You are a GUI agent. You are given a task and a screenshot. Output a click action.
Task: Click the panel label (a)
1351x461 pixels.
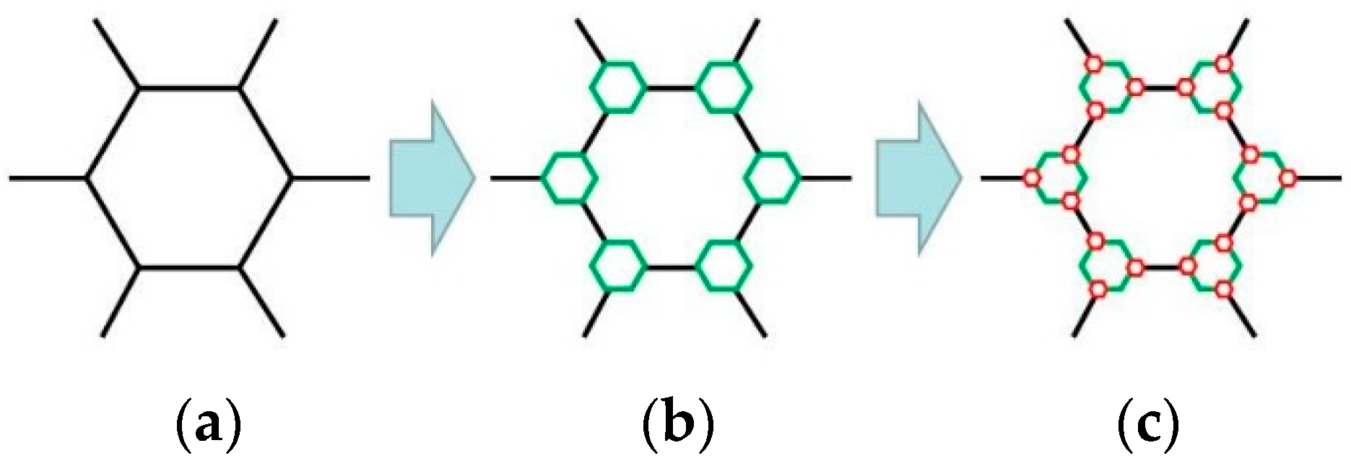pyautogui.click(x=207, y=426)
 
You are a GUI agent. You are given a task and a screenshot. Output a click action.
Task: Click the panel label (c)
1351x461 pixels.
pyautogui.click(x=1148, y=426)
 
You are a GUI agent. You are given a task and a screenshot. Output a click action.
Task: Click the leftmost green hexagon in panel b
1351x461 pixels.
pyautogui.click(x=569, y=177)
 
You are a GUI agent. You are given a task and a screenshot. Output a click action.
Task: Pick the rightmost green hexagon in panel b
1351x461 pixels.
pyautogui.click(x=773, y=177)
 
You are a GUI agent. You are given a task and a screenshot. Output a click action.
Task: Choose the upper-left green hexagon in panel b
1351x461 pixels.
pyautogui.click(x=618, y=87)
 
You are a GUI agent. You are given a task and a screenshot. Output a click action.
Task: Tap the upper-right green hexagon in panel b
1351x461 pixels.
pyautogui.click(x=724, y=87)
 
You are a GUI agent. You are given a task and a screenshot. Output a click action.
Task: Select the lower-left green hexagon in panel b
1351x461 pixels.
pyautogui.click(x=618, y=266)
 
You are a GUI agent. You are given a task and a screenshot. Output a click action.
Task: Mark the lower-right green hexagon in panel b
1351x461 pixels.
pyautogui.click(x=724, y=266)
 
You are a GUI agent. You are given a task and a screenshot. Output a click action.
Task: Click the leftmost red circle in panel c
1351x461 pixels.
pyautogui.click(x=1033, y=177)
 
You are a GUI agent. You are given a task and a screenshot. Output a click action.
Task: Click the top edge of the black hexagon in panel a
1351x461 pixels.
pyautogui.click(x=189, y=87)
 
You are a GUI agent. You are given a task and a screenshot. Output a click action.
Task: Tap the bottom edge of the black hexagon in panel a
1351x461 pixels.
pyautogui.click(x=189, y=268)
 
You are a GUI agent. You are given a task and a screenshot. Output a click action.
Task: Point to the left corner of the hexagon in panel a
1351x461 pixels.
pyautogui.click(x=87, y=177)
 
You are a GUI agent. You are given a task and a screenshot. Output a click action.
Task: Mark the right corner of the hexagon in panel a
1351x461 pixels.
pyautogui.click(x=290, y=177)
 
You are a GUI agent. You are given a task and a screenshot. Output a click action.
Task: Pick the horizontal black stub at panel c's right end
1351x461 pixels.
pyautogui.click(x=1318, y=177)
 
